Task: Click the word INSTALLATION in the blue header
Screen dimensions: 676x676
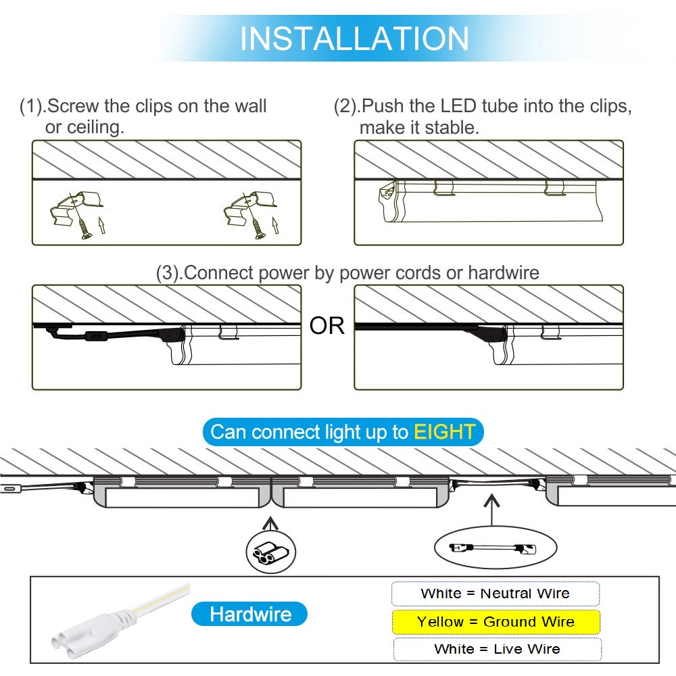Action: pos(354,39)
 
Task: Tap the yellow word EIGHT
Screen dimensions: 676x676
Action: pos(445,431)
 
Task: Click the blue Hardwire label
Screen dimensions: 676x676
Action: pos(249,614)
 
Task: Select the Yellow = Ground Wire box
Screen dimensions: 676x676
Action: pos(496,622)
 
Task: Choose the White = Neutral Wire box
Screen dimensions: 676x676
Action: pos(496,594)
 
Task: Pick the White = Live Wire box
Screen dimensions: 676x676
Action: pos(497,649)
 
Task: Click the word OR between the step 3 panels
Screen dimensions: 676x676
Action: pos(327,326)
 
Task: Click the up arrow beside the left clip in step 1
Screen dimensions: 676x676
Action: pos(102,226)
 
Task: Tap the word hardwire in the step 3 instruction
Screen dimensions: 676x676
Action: pos(504,273)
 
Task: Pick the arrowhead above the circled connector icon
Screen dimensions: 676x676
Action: pos(270,523)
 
